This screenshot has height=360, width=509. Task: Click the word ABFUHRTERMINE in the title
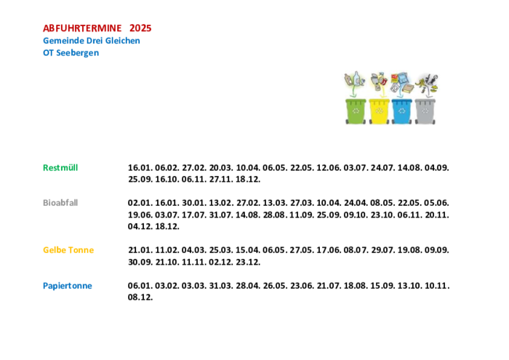82,28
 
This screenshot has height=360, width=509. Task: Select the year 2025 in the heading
140,28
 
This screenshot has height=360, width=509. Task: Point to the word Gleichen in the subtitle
122,41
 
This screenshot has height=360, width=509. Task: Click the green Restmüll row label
60,168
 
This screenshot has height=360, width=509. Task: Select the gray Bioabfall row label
60,203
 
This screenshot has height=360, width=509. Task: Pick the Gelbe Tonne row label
68,250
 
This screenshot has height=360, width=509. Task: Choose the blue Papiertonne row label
68,286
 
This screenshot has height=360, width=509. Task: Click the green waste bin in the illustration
356,111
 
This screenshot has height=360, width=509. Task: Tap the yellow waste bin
379,111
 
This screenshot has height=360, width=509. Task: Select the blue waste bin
402,111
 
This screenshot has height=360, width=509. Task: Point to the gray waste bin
425,111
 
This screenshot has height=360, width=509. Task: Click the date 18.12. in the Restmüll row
248,179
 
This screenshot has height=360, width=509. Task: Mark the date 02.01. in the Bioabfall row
140,203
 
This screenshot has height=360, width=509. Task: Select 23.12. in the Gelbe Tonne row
248,262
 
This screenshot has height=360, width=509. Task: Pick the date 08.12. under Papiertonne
140,297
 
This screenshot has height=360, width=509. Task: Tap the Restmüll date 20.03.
221,168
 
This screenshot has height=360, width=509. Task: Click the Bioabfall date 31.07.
221,215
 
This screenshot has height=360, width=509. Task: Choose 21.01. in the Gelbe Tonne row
140,250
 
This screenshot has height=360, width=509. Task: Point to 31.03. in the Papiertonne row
221,286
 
